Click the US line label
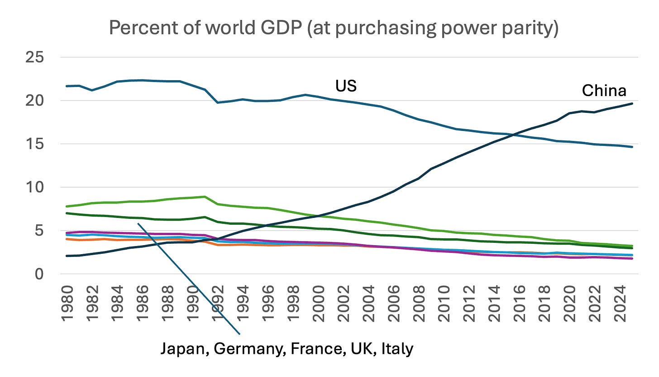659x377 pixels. click(346, 86)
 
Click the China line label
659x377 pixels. click(604, 91)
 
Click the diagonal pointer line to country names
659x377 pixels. click(188, 277)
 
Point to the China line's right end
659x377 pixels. click(632, 104)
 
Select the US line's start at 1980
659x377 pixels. click(67, 86)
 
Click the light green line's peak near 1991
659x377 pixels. click(205, 197)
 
